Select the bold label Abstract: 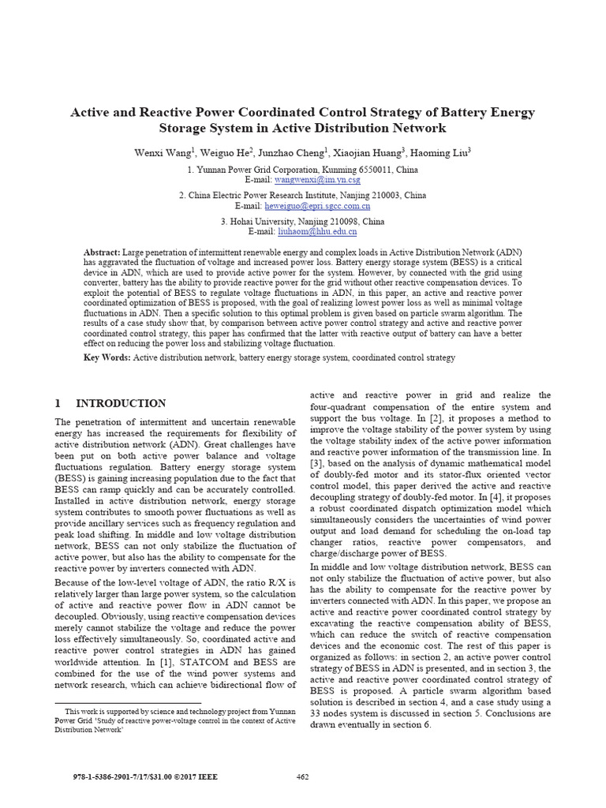(102, 252)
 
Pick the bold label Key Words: (107, 358)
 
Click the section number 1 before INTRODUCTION (58, 403)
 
